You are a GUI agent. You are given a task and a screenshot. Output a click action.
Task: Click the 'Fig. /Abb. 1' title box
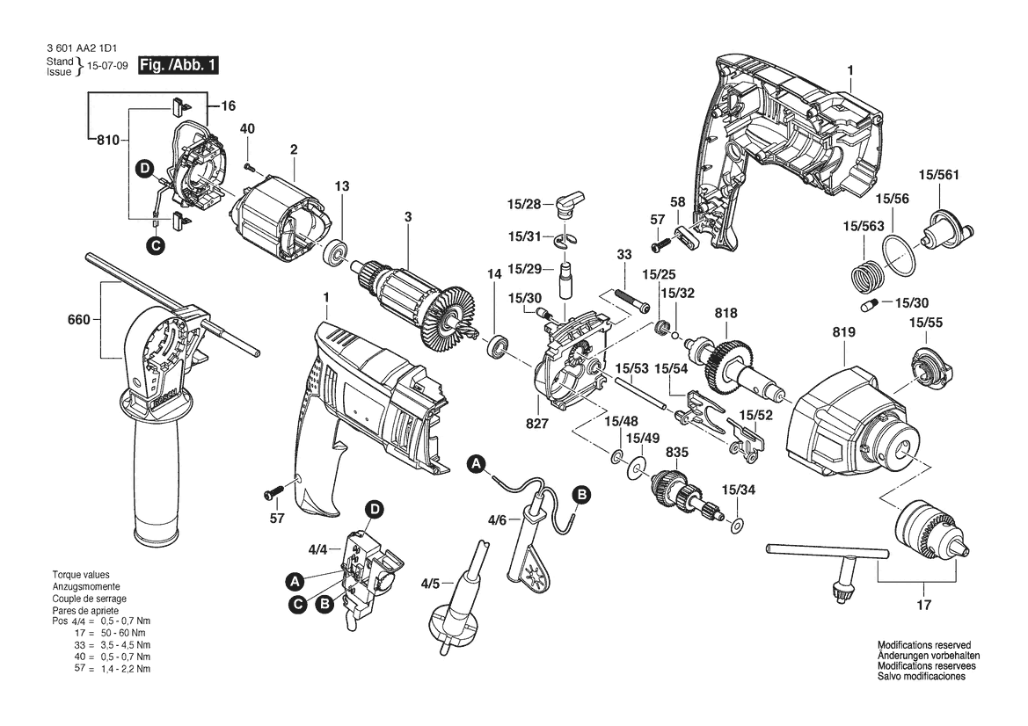(178, 65)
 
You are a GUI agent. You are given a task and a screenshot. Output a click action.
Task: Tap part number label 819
(843, 333)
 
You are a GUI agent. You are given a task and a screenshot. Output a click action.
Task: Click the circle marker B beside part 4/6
(581, 494)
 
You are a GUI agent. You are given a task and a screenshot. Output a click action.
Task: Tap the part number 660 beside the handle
(78, 320)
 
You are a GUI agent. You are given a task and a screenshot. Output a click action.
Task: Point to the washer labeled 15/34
(736, 525)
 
